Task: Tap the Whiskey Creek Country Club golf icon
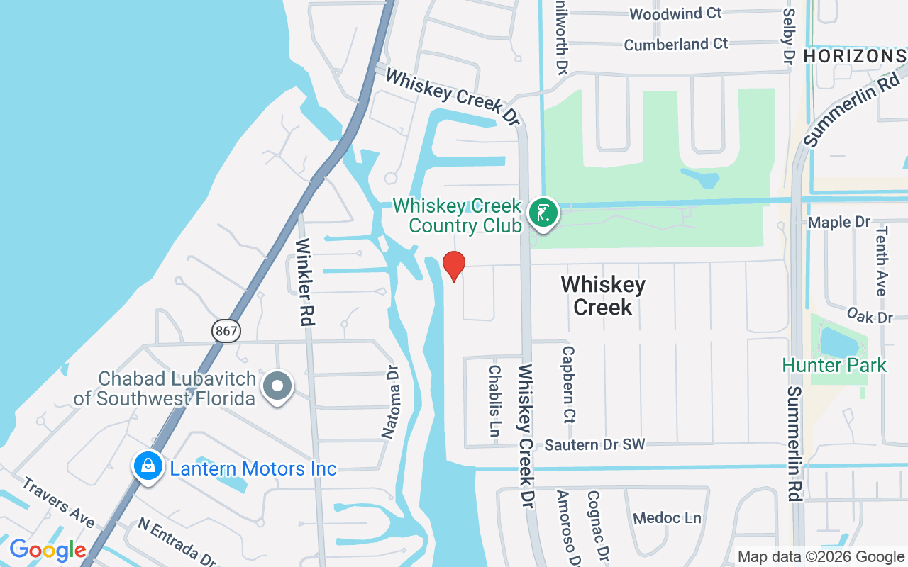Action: (543, 213)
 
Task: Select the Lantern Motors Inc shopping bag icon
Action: (148, 466)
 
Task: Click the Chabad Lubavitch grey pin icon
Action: (277, 387)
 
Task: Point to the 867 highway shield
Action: (226, 330)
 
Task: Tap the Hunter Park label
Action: (834, 366)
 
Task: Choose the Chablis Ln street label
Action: (494, 400)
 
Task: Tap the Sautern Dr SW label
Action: (594, 445)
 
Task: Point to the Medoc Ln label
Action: (667, 518)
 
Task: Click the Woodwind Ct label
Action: (675, 13)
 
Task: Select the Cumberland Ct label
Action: (675, 44)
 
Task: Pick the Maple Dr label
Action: (839, 223)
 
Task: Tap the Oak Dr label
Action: (870, 315)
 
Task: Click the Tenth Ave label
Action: (881, 261)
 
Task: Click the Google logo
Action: (48, 550)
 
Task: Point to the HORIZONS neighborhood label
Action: (855, 56)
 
